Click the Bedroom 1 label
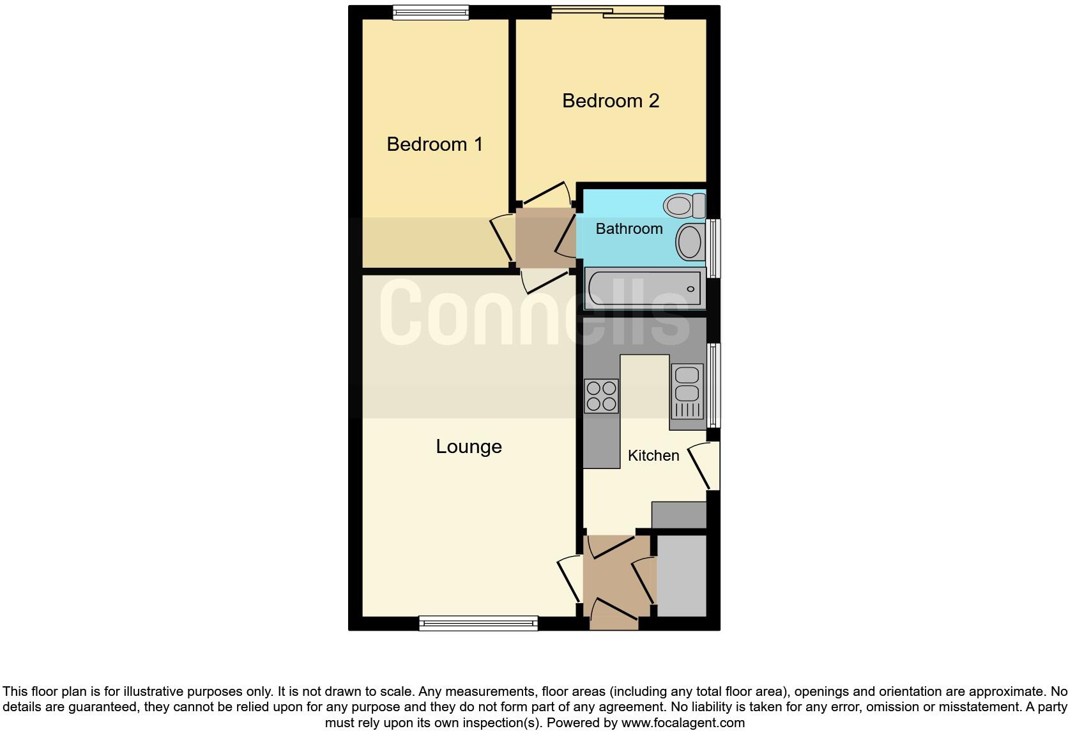[434, 144]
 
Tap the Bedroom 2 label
[610, 101]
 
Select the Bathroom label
[629, 229]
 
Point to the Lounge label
[468, 446]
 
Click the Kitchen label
[653, 456]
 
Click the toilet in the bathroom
[684, 206]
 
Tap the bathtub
[644, 289]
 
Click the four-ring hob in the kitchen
[601, 396]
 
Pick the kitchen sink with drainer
[687, 391]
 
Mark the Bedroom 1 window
[431, 12]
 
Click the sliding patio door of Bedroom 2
[607, 12]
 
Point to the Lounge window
[478, 623]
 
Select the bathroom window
[714, 249]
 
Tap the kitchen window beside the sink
[714, 385]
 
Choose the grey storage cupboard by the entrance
[682, 576]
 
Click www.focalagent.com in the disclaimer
[682, 723]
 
